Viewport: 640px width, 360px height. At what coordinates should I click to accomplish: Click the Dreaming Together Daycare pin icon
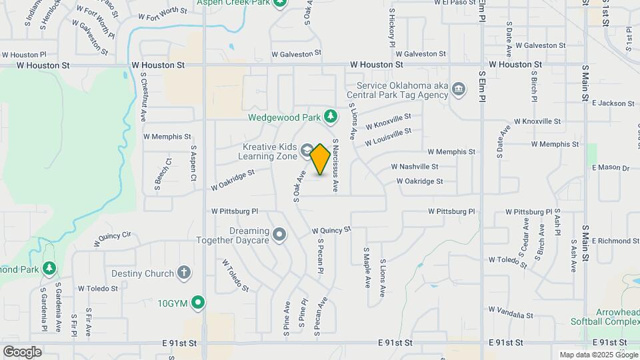pyautogui.click(x=279, y=234)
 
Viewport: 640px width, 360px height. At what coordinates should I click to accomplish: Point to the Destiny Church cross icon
pyautogui.click(x=184, y=273)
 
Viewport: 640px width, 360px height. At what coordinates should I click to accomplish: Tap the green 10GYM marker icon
pyautogui.click(x=198, y=303)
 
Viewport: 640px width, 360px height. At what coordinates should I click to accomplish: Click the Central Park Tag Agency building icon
pyautogui.click(x=458, y=89)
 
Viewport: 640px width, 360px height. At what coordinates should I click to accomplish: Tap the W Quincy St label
pyautogui.click(x=331, y=230)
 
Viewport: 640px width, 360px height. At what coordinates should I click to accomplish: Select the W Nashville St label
pyautogui.click(x=414, y=167)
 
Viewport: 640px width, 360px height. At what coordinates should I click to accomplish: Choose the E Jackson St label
pyautogui.click(x=613, y=103)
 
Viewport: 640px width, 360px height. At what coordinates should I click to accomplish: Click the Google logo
pyautogui.click(x=21, y=351)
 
